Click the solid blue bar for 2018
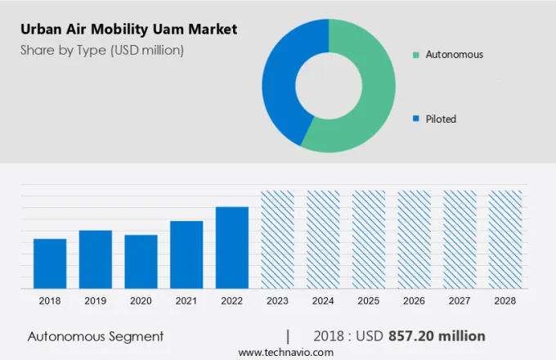(x=50, y=263)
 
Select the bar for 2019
(x=96, y=259)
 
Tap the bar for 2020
(x=141, y=261)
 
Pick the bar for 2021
(x=186, y=254)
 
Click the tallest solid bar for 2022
(x=232, y=247)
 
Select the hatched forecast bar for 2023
(x=277, y=239)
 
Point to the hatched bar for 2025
(x=369, y=239)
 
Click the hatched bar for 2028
(x=504, y=239)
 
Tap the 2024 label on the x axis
(x=323, y=301)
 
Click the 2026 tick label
(x=414, y=301)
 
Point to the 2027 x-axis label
(x=459, y=301)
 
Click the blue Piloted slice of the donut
(x=282, y=82)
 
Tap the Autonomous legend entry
(x=454, y=55)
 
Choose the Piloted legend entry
(x=441, y=119)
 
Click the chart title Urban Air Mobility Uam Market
(x=129, y=29)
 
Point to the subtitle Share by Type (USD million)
(x=102, y=50)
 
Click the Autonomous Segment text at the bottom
(x=96, y=336)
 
